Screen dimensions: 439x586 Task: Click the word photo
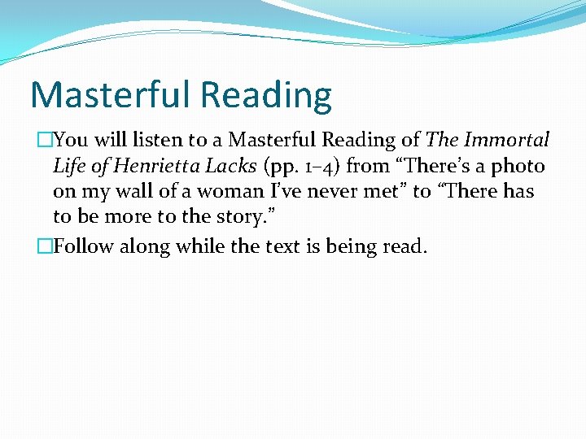pyautogui.click(x=518, y=167)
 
